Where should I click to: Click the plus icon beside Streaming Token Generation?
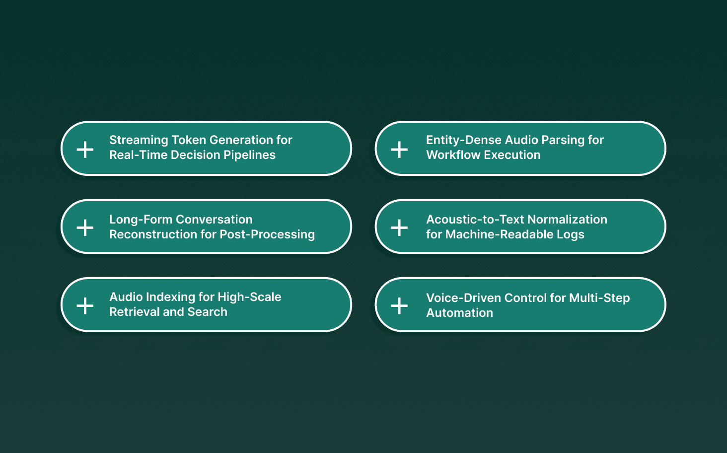coord(85,149)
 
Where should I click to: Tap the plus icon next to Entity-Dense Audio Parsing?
coord(399,149)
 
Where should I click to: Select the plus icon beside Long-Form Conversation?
coord(85,227)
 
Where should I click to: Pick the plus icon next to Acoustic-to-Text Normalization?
coord(399,227)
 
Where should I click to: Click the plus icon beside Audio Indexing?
coord(85,305)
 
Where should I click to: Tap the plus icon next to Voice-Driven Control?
coord(399,305)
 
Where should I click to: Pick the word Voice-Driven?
coord(463,298)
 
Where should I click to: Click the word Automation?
coord(459,313)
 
